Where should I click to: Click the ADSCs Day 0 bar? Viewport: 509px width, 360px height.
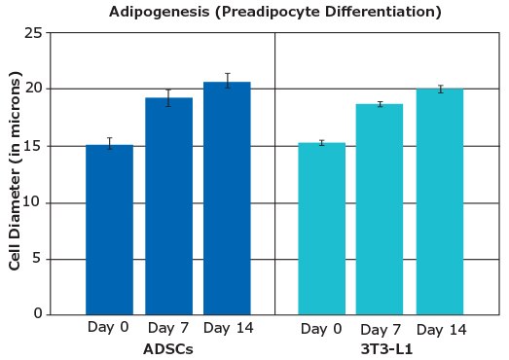tap(109, 230)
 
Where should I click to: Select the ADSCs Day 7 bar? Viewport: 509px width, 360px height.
tap(168, 206)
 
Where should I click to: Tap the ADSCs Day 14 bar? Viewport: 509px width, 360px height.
tap(227, 198)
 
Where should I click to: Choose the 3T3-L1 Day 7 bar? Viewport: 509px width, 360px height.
tap(380, 209)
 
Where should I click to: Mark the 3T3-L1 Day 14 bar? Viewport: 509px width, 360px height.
tap(440, 201)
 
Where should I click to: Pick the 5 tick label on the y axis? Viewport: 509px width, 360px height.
tap(37, 259)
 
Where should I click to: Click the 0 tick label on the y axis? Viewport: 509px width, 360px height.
tap(37, 314)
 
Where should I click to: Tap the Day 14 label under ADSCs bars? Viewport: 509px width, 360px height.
tap(228, 328)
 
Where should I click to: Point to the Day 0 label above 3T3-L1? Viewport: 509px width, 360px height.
tap(322, 329)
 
